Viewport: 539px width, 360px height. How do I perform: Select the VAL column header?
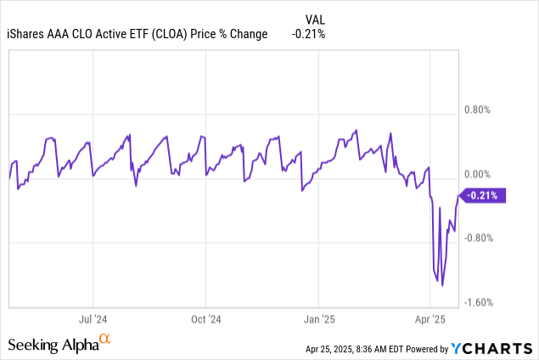313,18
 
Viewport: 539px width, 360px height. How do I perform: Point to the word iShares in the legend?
28,34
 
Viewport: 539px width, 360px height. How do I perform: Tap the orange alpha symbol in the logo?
105,340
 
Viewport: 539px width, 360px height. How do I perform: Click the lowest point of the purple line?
443,285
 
